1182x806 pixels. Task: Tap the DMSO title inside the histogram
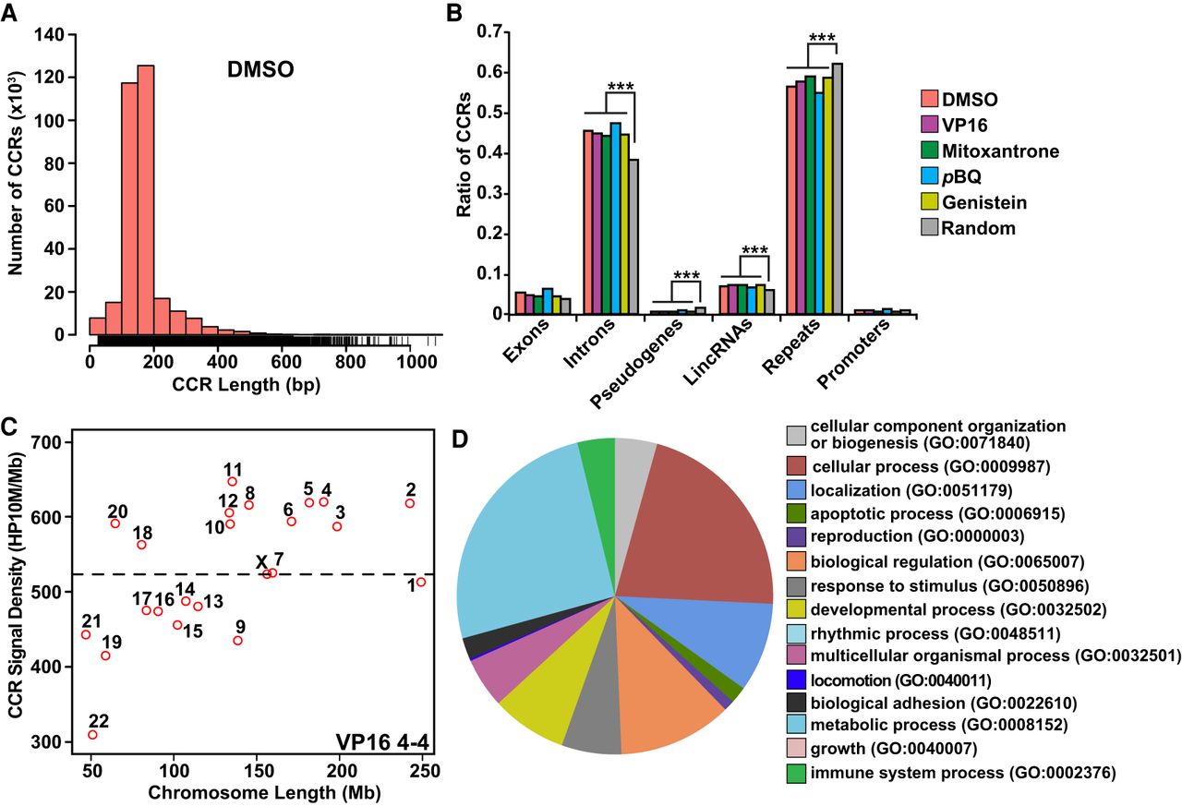point(261,70)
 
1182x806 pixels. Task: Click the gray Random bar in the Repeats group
point(838,188)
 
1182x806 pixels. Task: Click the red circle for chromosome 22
point(92,735)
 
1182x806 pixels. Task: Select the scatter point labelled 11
point(232,481)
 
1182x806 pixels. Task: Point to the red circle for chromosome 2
point(410,503)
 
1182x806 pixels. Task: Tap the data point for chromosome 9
point(237,640)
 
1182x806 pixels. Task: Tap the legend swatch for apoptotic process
point(796,511)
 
